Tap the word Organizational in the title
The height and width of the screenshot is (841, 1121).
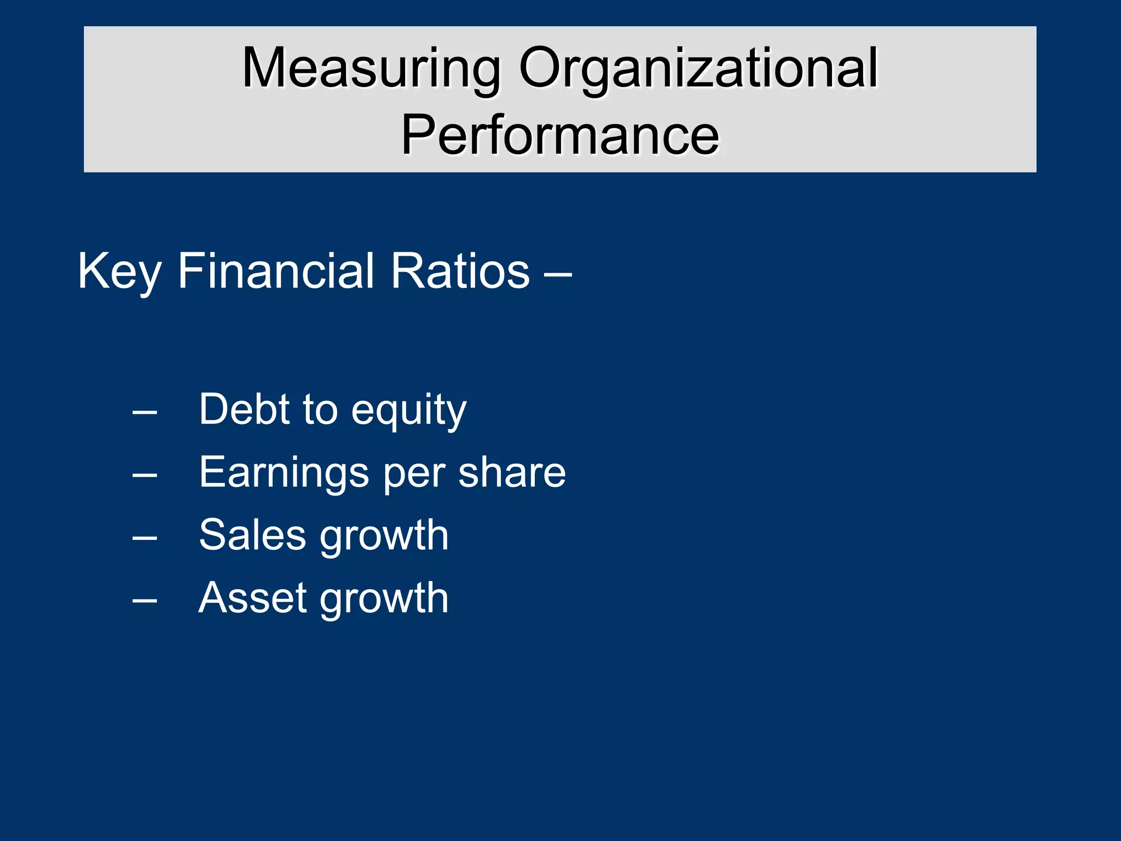(x=698, y=69)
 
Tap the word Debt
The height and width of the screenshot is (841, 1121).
(x=244, y=409)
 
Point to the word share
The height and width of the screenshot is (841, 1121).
(x=512, y=472)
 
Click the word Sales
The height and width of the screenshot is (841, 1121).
(x=252, y=535)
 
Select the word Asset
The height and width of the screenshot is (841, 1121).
(x=252, y=598)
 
